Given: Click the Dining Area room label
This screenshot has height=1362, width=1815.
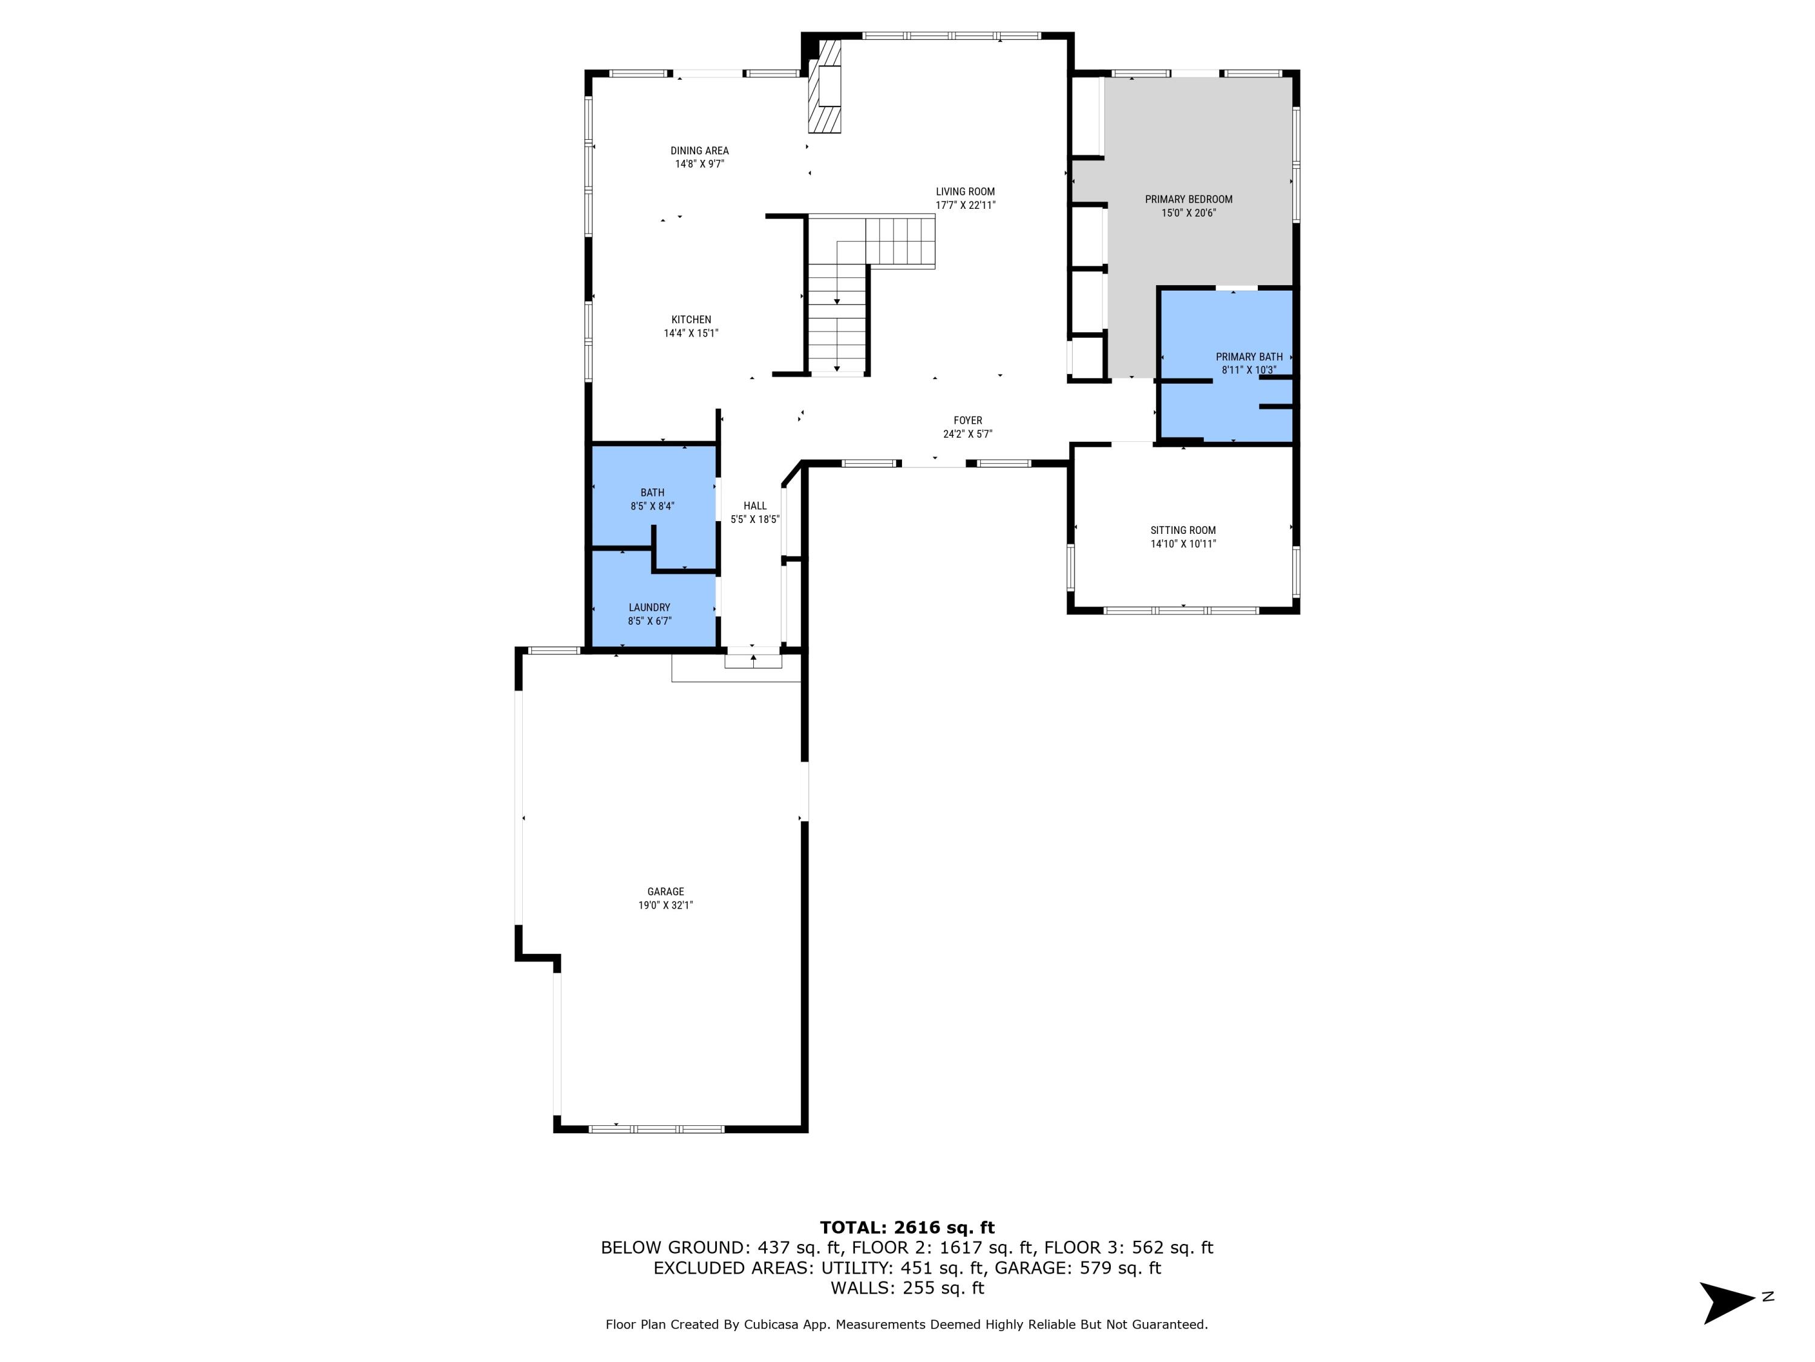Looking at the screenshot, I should coord(699,150).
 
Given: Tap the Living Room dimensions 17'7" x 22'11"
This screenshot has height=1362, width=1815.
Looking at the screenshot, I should coord(965,205).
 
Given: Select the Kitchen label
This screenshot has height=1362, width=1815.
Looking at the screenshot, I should coord(691,320).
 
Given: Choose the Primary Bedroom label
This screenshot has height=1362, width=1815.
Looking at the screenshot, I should coord(1188,199).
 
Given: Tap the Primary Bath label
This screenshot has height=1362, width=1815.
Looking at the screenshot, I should coord(1249,357).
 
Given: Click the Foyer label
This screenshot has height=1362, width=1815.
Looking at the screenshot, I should coord(967,420).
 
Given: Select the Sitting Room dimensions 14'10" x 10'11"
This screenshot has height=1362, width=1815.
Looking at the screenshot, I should coord(1182,544).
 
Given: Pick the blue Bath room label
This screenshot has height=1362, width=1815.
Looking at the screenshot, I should coord(652,493).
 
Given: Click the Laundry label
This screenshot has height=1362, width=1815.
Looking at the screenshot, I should coord(649,608).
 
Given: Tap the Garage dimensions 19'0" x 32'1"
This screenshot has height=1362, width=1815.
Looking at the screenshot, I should coord(665,905).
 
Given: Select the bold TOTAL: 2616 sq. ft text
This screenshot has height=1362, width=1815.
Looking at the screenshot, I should coord(907,1228).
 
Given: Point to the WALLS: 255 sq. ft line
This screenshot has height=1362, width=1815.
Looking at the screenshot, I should coord(907,1288).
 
